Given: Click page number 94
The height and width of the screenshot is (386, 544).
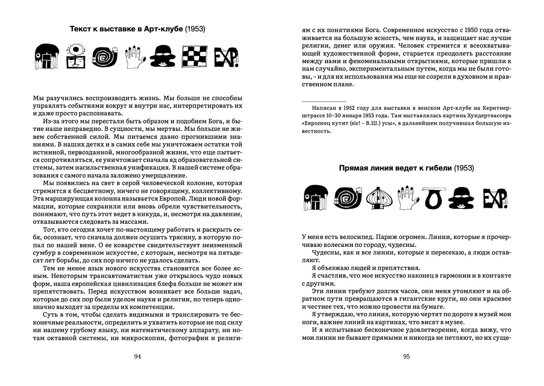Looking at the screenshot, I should [138, 357].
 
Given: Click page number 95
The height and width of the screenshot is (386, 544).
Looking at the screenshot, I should [406, 357].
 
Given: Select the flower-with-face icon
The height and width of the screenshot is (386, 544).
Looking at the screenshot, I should [76, 56].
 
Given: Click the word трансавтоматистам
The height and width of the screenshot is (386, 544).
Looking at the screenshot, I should [98, 276].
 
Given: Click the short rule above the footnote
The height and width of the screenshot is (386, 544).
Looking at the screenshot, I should [324, 101].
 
